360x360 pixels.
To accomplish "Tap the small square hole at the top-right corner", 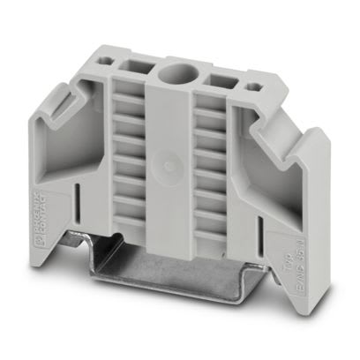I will pos(255,87).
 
